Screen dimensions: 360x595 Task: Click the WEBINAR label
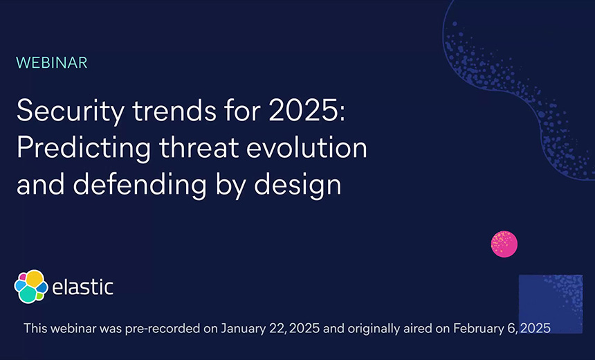(x=52, y=62)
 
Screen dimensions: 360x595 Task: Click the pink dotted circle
(x=504, y=244)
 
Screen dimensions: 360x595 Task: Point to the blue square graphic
(x=550, y=304)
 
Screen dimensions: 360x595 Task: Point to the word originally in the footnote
(x=374, y=328)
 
